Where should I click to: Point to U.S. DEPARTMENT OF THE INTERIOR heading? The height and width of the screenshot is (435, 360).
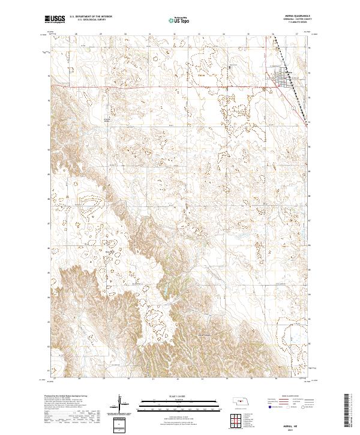pos(95,17)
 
